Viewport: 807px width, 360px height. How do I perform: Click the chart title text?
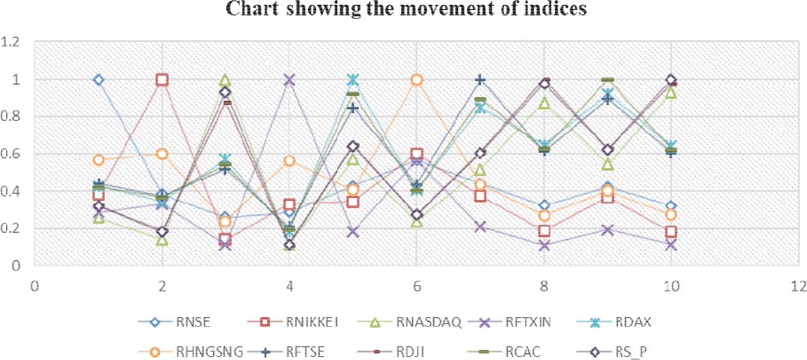[x=403, y=10]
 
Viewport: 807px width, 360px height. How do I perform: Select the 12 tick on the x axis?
[x=799, y=285]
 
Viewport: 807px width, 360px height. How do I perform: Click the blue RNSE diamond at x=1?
[x=98, y=80]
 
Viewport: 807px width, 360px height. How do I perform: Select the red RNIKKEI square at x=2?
[x=162, y=80]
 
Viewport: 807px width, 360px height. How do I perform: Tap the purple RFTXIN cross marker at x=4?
[x=290, y=80]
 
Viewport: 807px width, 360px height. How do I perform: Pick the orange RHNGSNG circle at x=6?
[x=417, y=80]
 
